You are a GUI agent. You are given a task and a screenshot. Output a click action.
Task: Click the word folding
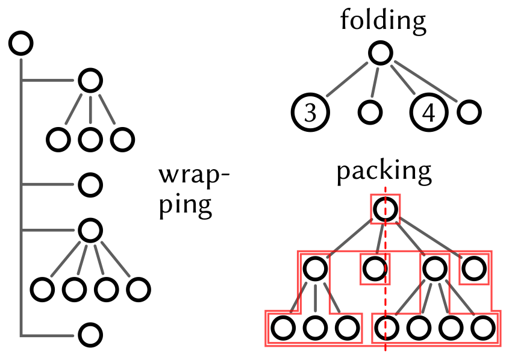(x=383, y=20)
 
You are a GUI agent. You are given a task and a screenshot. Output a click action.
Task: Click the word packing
(x=384, y=172)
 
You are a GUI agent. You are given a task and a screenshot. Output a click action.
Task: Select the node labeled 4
(x=429, y=113)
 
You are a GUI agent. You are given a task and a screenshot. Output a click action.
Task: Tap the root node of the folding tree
(x=381, y=53)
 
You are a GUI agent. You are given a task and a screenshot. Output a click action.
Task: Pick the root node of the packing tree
(x=386, y=209)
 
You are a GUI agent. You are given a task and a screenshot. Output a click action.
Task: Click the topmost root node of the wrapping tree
(x=21, y=43)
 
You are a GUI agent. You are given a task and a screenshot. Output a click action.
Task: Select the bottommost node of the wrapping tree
(x=90, y=335)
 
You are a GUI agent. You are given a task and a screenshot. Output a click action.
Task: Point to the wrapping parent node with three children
(x=90, y=80)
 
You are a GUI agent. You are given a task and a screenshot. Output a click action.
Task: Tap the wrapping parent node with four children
(x=90, y=229)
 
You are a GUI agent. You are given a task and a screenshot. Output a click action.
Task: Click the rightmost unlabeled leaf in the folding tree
(x=469, y=111)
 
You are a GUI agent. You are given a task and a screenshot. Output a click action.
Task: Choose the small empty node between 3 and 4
(x=369, y=111)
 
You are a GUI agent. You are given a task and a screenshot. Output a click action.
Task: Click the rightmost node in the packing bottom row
(x=482, y=328)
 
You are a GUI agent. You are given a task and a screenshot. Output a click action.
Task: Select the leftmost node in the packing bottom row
(x=283, y=328)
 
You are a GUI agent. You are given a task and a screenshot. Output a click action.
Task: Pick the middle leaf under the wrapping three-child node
(x=90, y=139)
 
